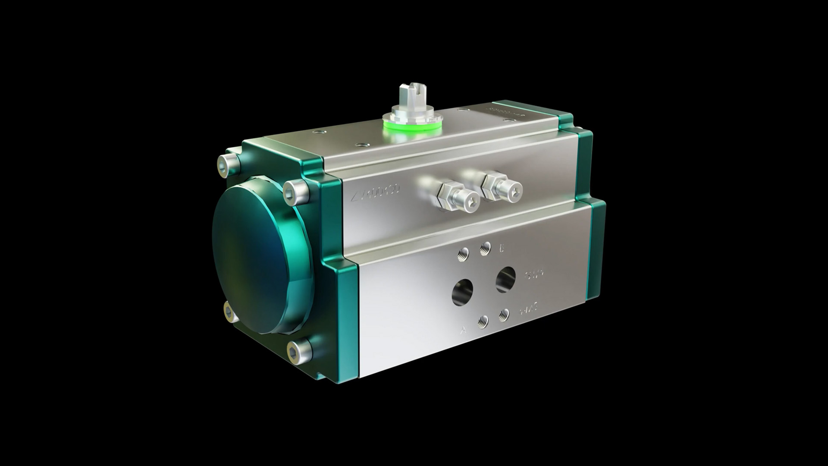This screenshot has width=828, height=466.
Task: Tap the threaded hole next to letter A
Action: tap(483, 321)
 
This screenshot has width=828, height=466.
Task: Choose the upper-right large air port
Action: tap(505, 279)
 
